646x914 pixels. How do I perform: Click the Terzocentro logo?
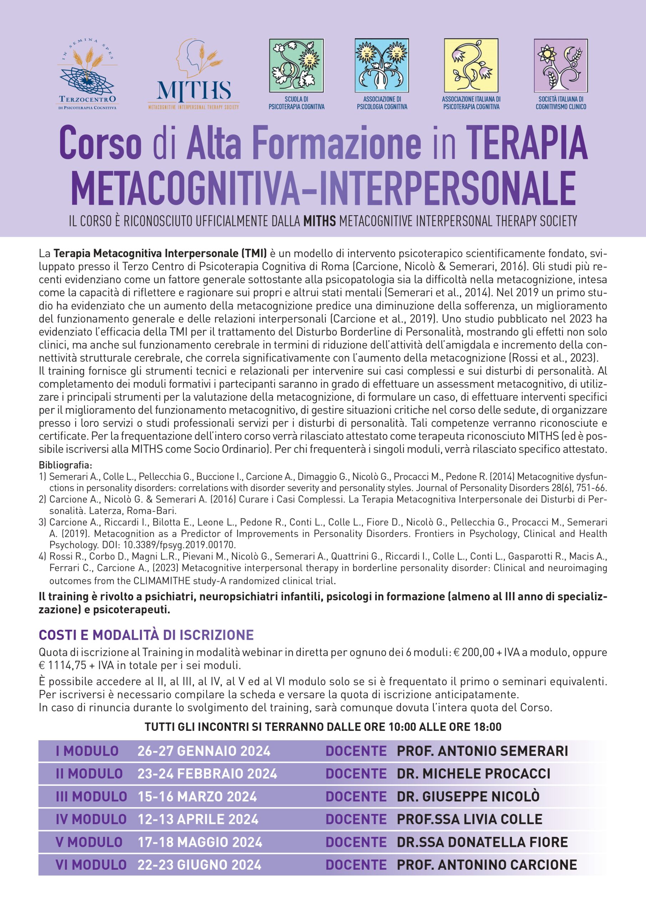(x=87, y=74)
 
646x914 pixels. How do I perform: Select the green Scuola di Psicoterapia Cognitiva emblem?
(x=296, y=65)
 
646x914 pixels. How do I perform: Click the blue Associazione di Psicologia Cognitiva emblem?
(x=382, y=65)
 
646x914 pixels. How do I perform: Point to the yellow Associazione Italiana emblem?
(x=471, y=65)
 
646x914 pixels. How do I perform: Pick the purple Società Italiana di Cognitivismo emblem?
(x=560, y=65)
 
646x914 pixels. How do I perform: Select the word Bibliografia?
(x=65, y=465)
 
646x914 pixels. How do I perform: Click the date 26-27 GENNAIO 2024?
(x=204, y=751)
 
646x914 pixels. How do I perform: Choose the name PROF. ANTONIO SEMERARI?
(x=482, y=751)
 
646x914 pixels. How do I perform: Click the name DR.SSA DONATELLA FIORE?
(x=482, y=842)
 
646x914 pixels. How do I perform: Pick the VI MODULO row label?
(x=91, y=865)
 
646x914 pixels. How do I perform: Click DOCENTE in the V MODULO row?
(x=356, y=842)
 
